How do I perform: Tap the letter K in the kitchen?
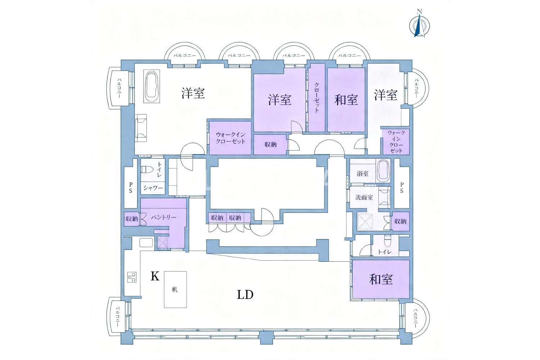155,276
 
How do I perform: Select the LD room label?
245,294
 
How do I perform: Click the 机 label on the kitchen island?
175,289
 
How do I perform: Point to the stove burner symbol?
132,277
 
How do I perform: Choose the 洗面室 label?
364,197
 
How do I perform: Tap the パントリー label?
164,217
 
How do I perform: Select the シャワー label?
153,188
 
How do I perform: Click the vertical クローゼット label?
317,98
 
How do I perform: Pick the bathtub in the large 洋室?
152,86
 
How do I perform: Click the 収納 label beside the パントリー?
132,219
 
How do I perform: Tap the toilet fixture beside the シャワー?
147,170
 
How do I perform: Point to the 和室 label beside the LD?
381,279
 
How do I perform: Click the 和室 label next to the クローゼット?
346,100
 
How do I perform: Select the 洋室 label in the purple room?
280,100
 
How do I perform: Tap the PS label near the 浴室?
402,188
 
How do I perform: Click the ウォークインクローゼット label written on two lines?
230,138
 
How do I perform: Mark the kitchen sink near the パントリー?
146,242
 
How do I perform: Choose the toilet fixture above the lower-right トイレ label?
387,240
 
